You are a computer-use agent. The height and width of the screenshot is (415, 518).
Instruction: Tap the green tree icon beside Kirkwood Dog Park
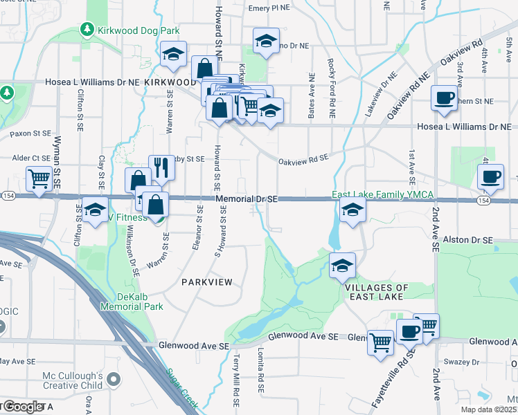[87, 30]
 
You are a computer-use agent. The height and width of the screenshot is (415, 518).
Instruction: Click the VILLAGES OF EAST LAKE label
[376, 292]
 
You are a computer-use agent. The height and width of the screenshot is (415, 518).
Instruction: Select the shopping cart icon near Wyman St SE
[39, 179]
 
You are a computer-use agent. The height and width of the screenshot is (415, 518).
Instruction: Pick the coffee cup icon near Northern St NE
[444, 98]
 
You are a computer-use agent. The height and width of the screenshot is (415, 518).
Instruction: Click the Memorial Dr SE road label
[247, 199]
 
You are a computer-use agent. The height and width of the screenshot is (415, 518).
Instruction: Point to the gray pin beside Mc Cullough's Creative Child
[115, 379]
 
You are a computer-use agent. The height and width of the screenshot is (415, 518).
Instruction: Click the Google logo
[22, 406]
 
